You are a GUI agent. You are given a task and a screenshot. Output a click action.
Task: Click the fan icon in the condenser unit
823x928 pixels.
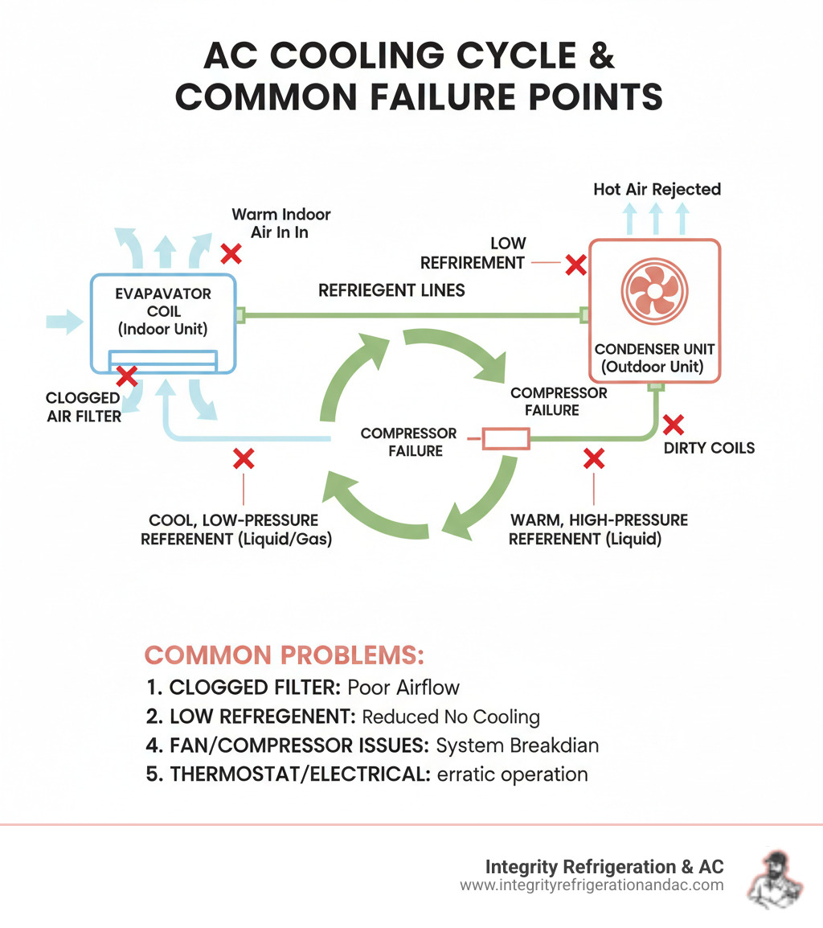[x=655, y=290]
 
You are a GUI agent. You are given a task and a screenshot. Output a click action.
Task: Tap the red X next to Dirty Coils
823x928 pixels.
[x=673, y=423]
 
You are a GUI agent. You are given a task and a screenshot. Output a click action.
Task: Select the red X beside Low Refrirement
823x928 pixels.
[x=575, y=263]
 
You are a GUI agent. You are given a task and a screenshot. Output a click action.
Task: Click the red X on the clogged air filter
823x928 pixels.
[x=125, y=375]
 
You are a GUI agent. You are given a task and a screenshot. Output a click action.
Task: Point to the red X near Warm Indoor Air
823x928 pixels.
[x=231, y=254]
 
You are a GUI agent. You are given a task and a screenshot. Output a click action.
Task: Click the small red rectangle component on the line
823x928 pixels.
[x=505, y=439]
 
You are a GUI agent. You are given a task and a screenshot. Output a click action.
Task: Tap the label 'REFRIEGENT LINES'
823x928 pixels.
[x=391, y=290]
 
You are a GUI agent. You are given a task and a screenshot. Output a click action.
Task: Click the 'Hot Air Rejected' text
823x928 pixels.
[x=657, y=190]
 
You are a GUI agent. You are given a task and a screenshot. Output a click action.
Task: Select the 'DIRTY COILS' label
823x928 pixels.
[x=709, y=448]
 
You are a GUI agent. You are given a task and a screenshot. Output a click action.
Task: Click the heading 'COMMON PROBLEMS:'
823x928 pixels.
[x=284, y=655]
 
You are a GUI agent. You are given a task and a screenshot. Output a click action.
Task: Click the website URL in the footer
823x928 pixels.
[x=592, y=885]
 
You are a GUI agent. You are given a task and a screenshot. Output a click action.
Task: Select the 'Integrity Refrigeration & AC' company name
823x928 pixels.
[x=604, y=866]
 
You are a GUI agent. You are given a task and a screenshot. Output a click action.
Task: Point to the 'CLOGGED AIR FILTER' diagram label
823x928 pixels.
[x=83, y=406]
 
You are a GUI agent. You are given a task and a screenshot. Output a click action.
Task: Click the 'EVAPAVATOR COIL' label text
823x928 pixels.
[x=163, y=302]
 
